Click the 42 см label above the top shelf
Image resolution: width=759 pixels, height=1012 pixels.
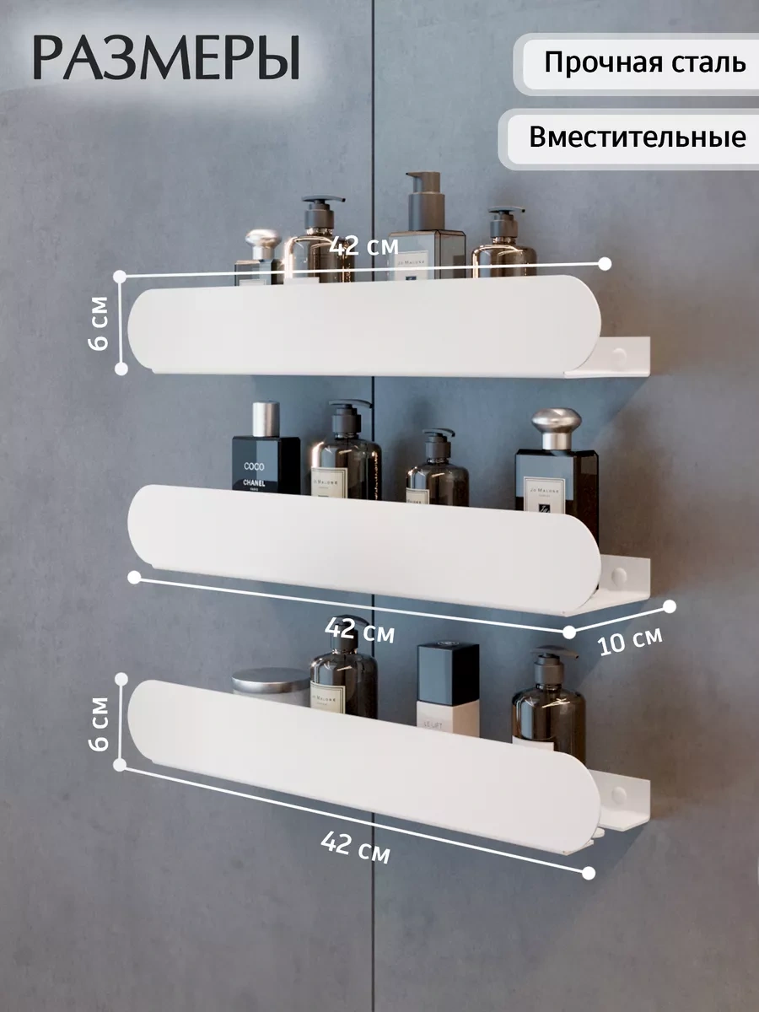[364, 246]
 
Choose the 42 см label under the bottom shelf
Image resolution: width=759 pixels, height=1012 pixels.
[355, 846]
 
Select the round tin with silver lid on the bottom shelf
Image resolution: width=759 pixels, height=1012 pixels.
[271, 686]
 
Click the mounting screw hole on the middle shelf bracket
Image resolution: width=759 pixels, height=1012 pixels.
[620, 576]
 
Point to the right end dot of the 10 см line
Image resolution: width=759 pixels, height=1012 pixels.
[670, 606]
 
